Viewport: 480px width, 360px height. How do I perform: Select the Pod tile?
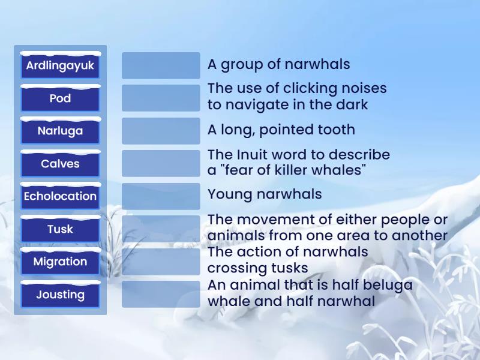pyautogui.click(x=60, y=98)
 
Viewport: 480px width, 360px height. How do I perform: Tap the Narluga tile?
pyautogui.click(x=60, y=131)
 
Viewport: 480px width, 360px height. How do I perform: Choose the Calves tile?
pyautogui.click(x=60, y=164)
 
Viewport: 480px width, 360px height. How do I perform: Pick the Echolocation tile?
pyautogui.click(x=60, y=196)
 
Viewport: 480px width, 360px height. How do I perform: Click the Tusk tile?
pyautogui.click(x=60, y=229)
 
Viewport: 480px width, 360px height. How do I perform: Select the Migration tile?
pyautogui.click(x=60, y=262)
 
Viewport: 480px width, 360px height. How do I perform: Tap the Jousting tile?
pyautogui.click(x=60, y=295)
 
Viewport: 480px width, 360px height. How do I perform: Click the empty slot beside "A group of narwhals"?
pyautogui.click(x=161, y=65)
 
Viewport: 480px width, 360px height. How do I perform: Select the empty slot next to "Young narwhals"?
pyautogui.click(x=161, y=196)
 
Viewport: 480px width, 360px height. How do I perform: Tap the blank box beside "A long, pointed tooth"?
pyautogui.click(x=161, y=131)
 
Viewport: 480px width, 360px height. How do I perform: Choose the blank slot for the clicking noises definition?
pyautogui.click(x=161, y=98)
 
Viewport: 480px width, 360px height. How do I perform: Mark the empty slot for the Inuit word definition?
pyautogui.click(x=161, y=163)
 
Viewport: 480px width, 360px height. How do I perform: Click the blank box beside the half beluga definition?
pyautogui.click(x=161, y=294)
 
